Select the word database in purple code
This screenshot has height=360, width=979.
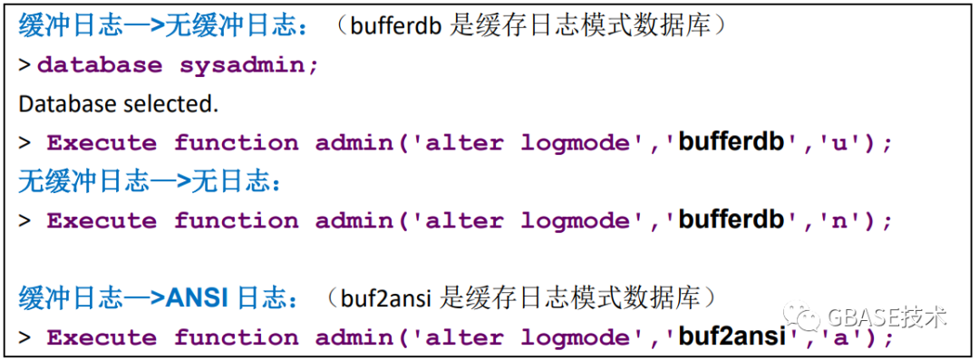coord(100,65)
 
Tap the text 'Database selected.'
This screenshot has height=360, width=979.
coord(119,104)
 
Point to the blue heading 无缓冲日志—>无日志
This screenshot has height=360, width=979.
coord(150,182)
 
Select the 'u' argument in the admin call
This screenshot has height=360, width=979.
coord(831,143)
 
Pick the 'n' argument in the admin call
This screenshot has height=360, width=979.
coord(831,221)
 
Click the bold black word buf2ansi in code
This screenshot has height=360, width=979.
coord(732,337)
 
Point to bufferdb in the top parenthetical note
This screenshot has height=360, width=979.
coord(395,26)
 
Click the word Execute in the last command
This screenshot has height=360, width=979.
coord(102,338)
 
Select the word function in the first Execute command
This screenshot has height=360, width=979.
coord(236,143)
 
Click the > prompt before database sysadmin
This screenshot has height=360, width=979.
coord(24,65)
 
